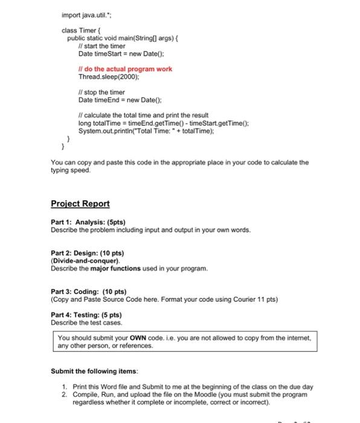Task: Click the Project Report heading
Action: [80, 204]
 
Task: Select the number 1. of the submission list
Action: [65, 386]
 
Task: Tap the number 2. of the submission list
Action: [65, 394]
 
